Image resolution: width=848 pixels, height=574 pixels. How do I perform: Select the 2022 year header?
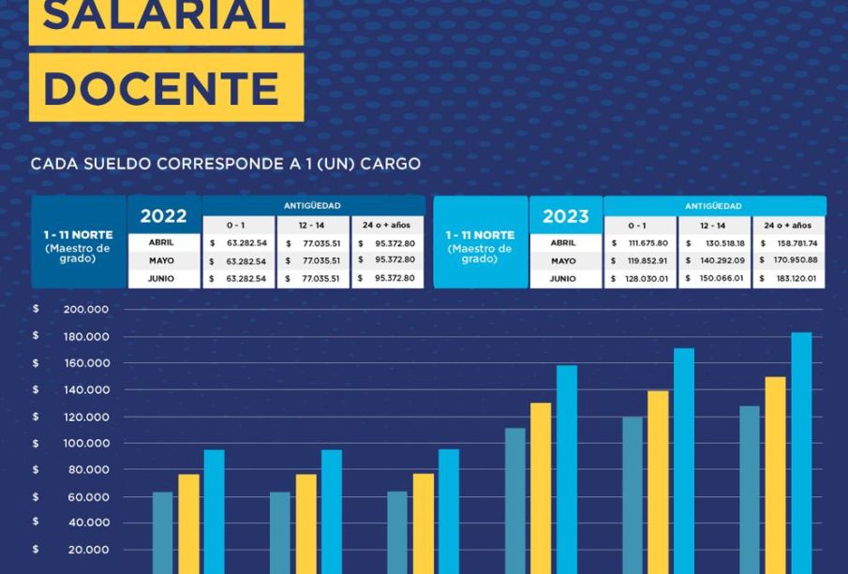pos(163,215)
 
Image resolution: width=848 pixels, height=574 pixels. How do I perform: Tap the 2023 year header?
pos(565,216)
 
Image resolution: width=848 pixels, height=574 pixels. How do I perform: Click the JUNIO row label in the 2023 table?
pos(563,278)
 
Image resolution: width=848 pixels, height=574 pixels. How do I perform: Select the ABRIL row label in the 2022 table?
pos(163,243)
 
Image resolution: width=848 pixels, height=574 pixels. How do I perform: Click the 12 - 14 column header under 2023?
pos(713,226)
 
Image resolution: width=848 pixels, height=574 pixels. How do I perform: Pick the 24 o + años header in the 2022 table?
pos(386,226)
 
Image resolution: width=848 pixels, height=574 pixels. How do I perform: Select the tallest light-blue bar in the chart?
pos(801,449)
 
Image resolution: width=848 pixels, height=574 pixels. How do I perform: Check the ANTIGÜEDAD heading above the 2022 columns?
pos(312,205)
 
